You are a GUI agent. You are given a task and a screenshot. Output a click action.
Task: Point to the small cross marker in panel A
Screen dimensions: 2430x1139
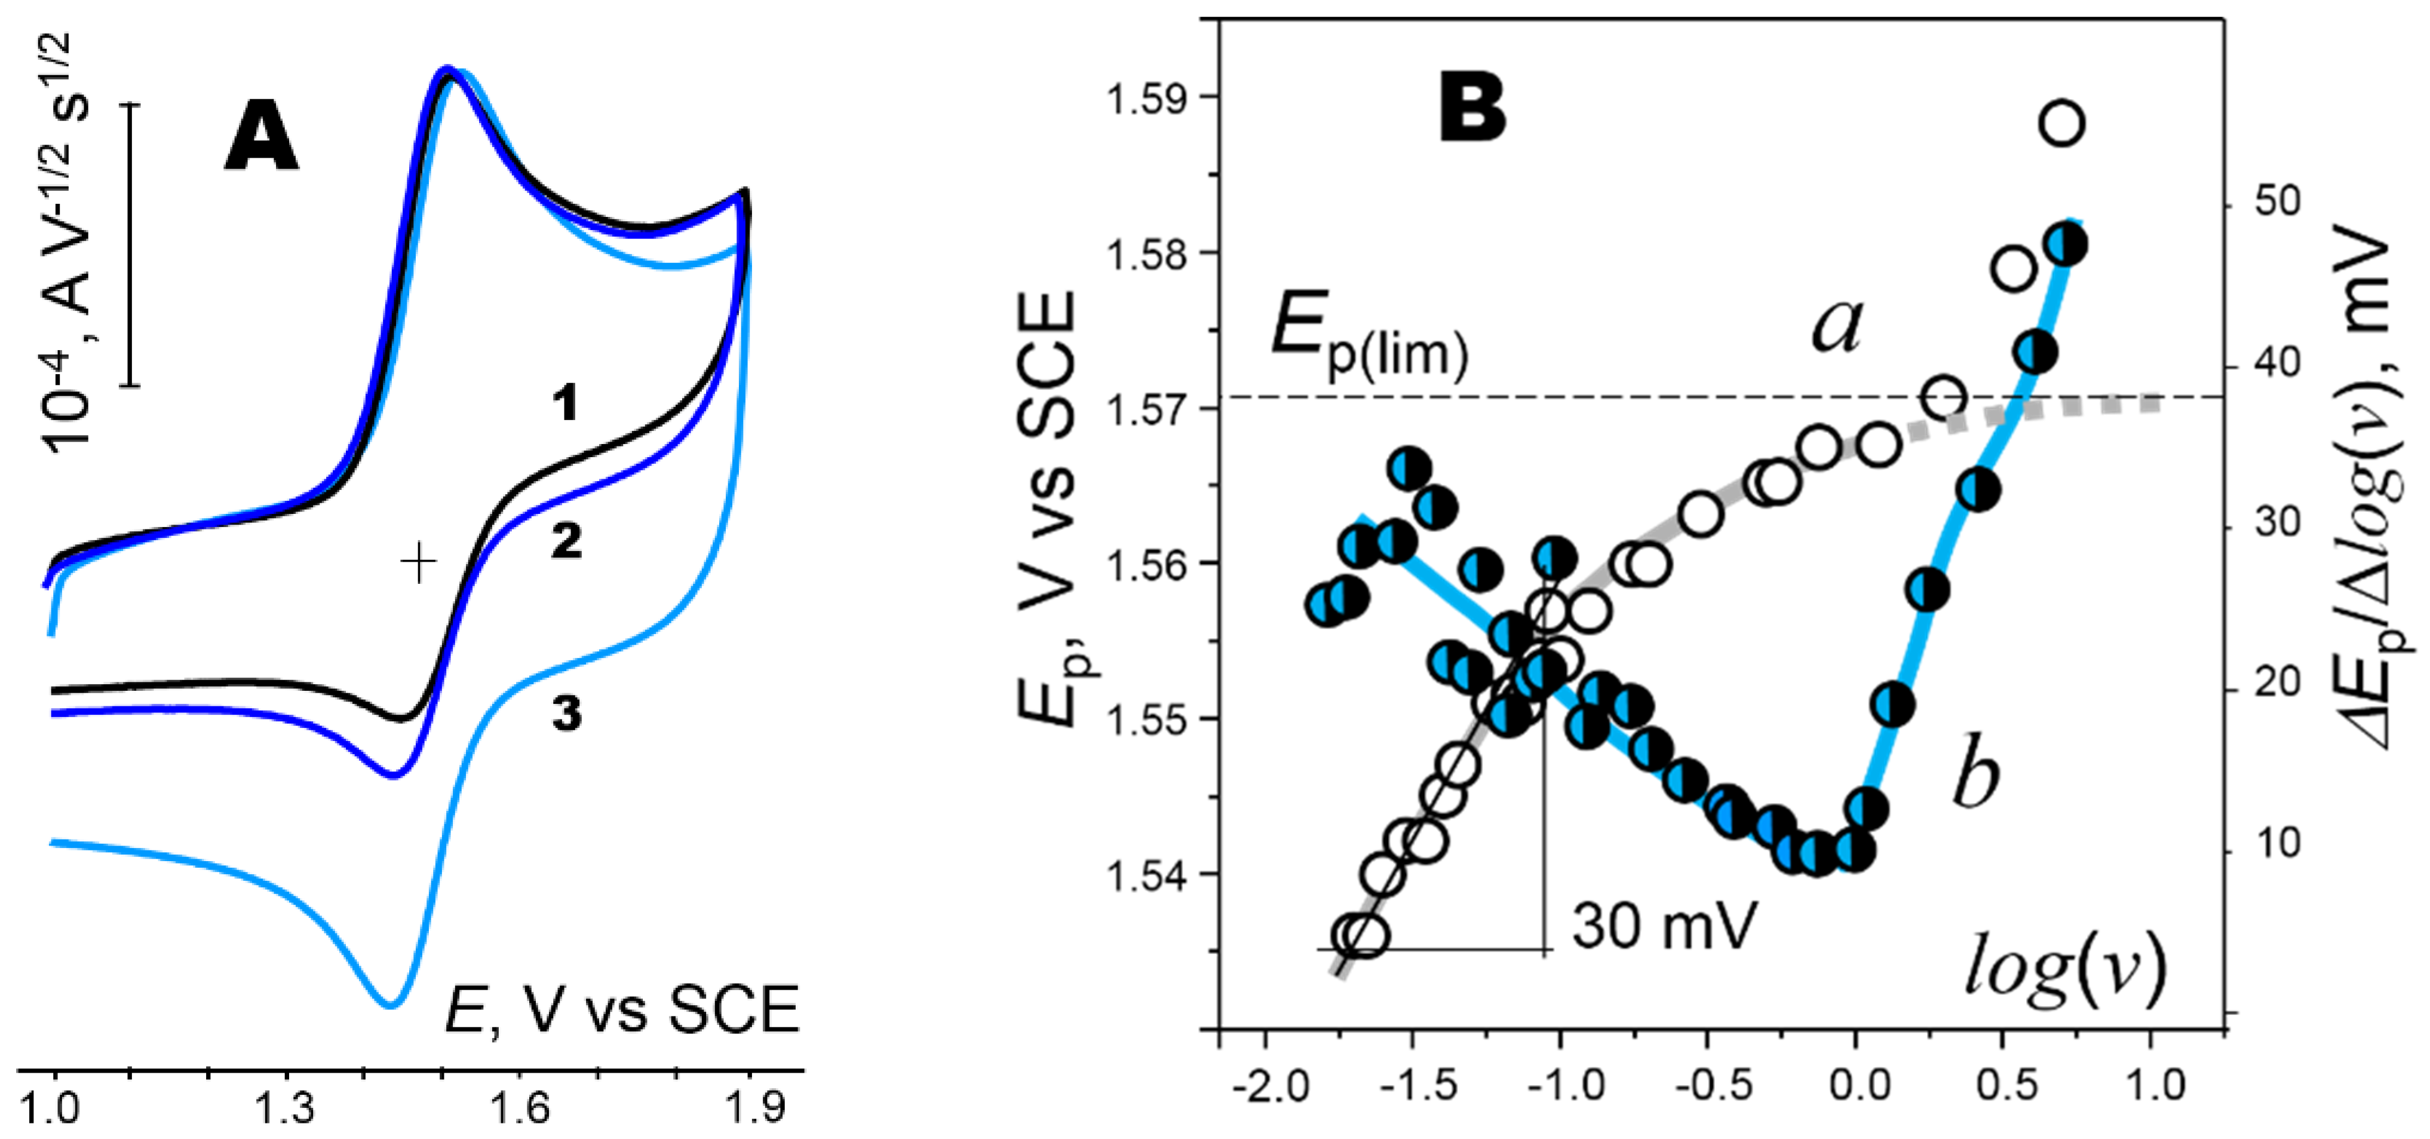[x=419, y=564]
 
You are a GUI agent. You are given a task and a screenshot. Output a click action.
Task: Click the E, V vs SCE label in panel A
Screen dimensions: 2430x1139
[x=622, y=1010]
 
